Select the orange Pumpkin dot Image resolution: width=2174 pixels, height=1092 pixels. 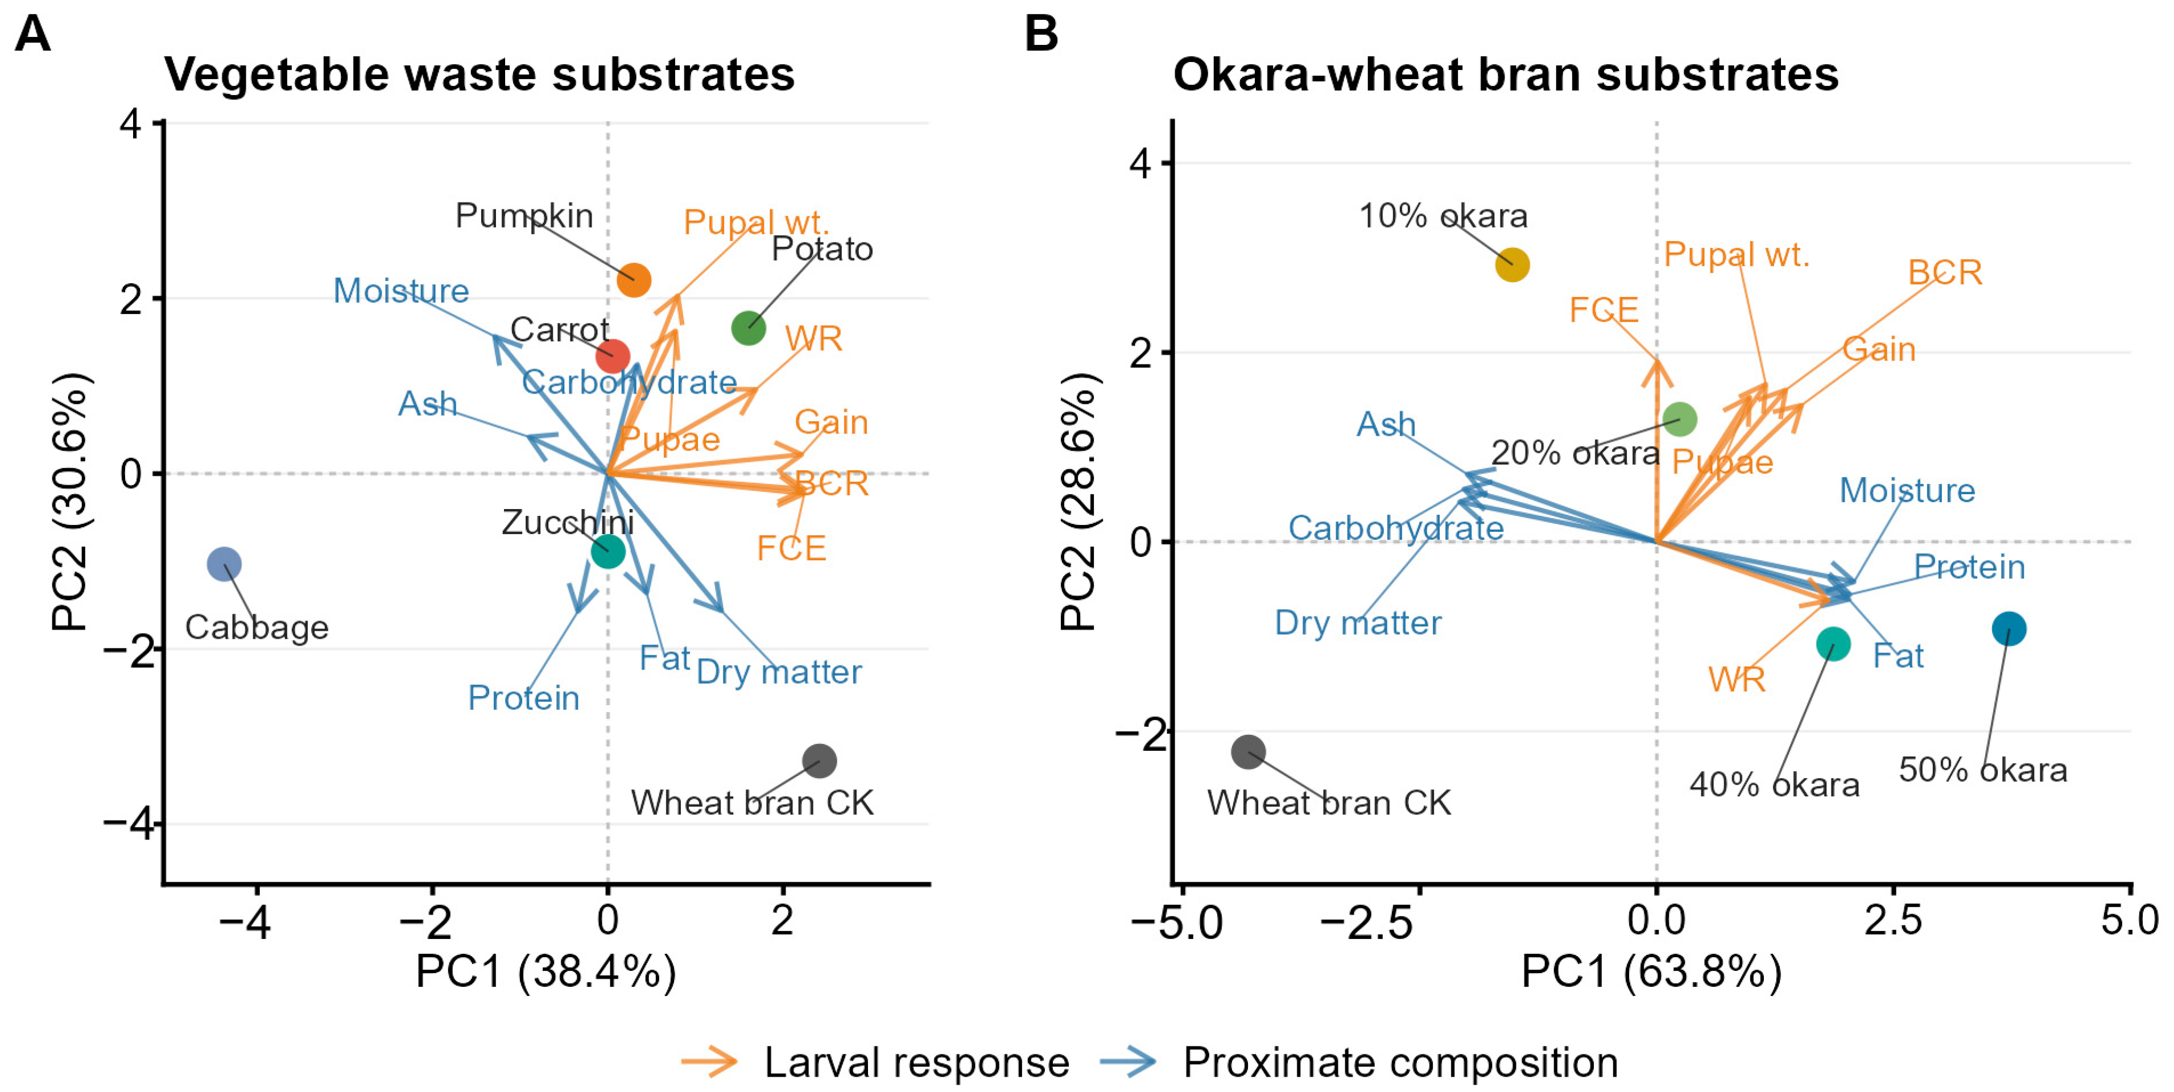[634, 279]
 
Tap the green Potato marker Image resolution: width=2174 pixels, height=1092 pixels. [749, 328]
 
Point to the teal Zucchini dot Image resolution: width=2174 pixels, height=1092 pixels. [607, 552]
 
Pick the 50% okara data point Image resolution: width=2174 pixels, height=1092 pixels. [2008, 628]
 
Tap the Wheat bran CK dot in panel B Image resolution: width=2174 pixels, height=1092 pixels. [1248, 751]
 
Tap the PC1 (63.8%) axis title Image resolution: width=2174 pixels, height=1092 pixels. [1652, 971]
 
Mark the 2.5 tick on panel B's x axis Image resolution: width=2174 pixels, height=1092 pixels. [1893, 919]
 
